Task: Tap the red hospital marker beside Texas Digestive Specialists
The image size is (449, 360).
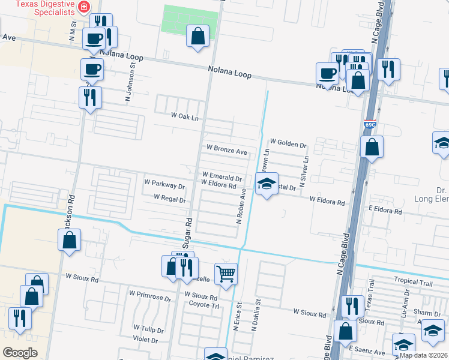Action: pyautogui.click(x=85, y=7)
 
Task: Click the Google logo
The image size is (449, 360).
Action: pyautogui.click(x=20, y=353)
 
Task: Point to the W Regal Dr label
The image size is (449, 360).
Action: pyautogui.click(x=170, y=197)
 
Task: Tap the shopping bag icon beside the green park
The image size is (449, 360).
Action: pyautogui.click(x=197, y=37)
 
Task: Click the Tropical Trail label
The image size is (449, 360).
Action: pyautogui.click(x=413, y=281)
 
